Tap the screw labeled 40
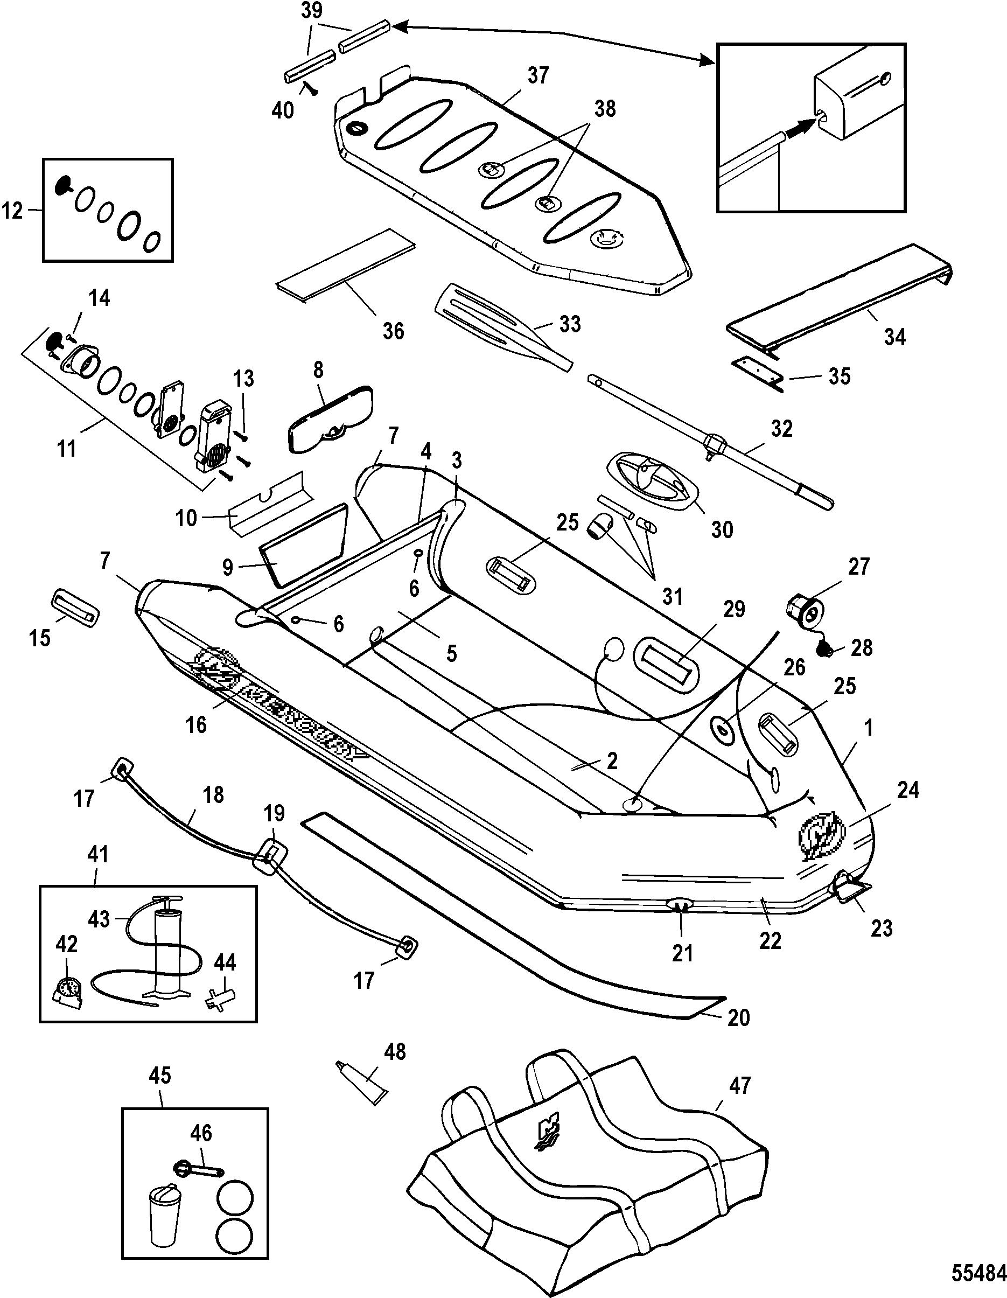click(309, 88)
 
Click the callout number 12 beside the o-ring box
click(13, 211)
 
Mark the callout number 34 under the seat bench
click(894, 338)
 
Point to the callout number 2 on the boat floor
click(611, 762)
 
